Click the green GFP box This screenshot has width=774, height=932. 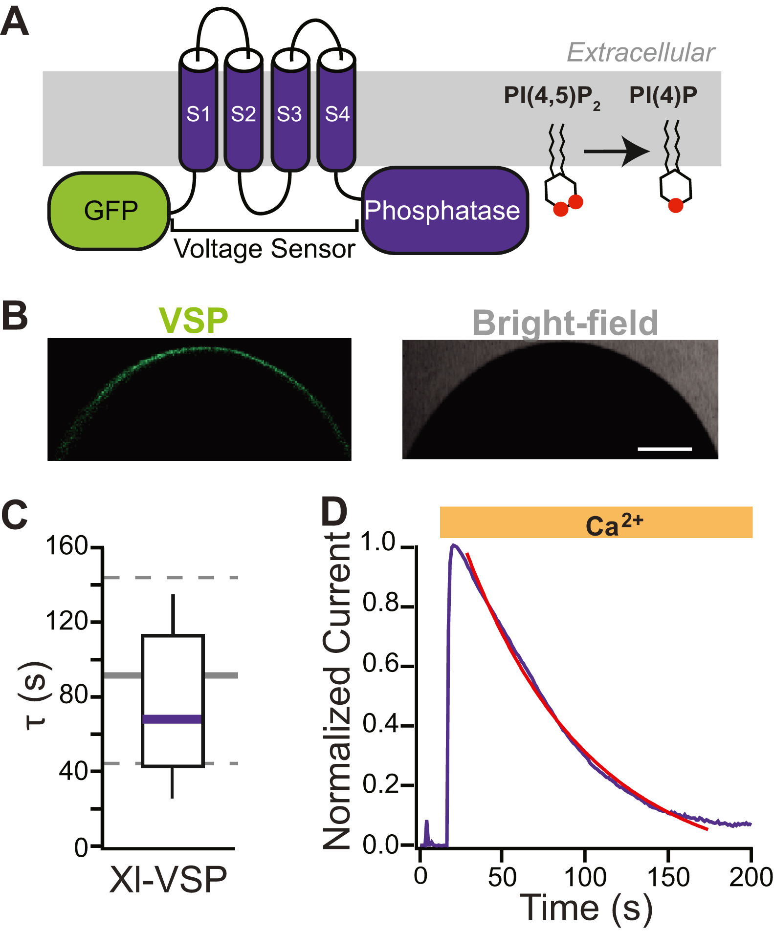[x=109, y=211]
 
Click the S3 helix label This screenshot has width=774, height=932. [x=289, y=114]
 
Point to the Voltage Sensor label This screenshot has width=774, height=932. [x=265, y=249]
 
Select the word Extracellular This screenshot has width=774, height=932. [x=641, y=52]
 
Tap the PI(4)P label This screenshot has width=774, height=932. [x=663, y=95]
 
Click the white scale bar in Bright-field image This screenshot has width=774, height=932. [x=664, y=449]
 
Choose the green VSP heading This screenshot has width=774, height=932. [x=194, y=321]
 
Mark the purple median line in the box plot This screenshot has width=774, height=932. [x=172, y=719]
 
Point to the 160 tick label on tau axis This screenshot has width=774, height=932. [x=66, y=546]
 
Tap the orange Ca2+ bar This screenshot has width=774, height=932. [x=596, y=522]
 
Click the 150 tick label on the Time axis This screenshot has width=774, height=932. [x=668, y=877]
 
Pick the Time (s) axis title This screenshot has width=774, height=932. [x=586, y=908]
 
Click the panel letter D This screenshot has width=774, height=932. [x=334, y=512]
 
